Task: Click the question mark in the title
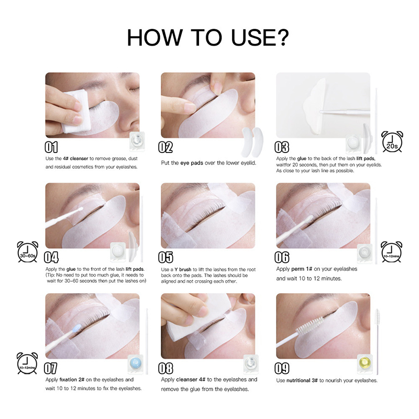281,37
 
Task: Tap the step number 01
51,147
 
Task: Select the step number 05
166,257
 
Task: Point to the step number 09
282,368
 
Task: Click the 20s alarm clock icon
392,141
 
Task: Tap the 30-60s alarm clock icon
28,252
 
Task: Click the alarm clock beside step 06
391,252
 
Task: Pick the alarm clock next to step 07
27,363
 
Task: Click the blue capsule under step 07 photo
136,363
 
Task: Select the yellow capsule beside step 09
365,363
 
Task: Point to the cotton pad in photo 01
75,111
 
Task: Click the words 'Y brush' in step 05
183,269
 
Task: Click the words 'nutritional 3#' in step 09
302,380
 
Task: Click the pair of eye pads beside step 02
252,142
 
